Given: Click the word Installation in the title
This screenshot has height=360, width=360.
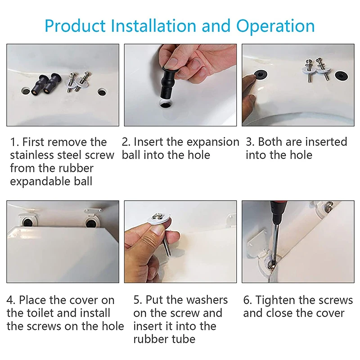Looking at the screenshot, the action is (153, 26).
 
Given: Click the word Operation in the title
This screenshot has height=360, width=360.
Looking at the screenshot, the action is (275, 26).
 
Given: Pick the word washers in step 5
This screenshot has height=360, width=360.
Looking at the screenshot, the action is (207, 300).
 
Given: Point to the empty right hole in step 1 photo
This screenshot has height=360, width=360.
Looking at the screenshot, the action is (102, 92).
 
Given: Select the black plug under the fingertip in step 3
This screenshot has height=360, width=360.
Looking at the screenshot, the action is (261, 74).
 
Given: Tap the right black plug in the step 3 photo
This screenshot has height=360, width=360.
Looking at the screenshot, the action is (342, 76).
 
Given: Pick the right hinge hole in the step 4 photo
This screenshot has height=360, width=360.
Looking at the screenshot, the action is (91, 221).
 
